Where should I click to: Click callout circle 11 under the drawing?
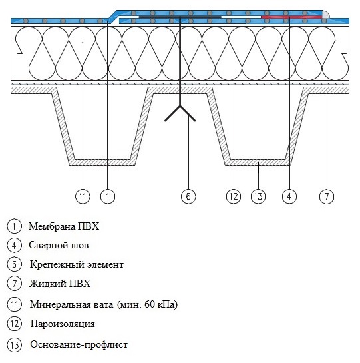tap(83, 196)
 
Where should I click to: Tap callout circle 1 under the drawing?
tap(108, 196)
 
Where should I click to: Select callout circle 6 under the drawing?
tap(188, 196)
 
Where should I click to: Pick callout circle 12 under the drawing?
tap(234, 196)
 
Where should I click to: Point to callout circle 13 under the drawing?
tap(258, 196)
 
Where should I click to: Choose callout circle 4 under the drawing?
tap(289, 196)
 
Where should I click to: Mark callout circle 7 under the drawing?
tap(327, 196)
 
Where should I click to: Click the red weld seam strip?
tap(291, 17)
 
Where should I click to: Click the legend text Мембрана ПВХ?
tap(64, 226)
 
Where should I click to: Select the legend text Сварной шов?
tap(59, 245)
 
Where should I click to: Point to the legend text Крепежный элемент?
tap(77, 264)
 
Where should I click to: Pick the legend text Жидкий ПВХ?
tap(60, 284)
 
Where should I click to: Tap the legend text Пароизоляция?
tap(63, 324)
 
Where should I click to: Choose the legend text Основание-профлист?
tap(79, 344)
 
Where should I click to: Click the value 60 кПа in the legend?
tap(159, 304)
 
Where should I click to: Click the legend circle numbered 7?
tap(14, 284)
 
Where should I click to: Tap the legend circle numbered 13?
tap(14, 345)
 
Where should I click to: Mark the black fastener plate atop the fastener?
tap(180, 17)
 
